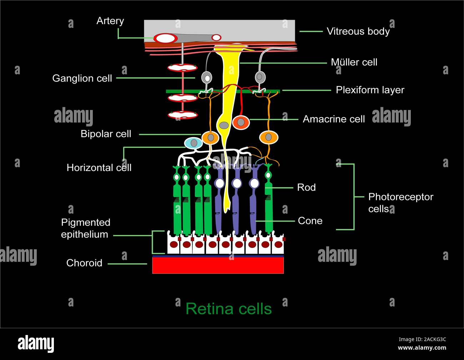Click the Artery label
coord(110,21)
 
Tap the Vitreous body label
coord(358,31)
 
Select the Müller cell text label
coord(354,62)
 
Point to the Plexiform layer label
coord(370,90)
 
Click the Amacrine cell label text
coord(334,119)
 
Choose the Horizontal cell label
coord(99,167)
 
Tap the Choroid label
coord(84,263)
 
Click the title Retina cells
coord(228,309)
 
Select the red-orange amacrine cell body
coord(241,122)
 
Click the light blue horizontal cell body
coord(193,143)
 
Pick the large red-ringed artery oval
coord(165,38)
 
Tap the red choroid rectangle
coord(218,265)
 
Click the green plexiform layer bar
coord(186,91)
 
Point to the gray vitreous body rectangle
coord(250,29)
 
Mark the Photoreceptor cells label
coord(400,202)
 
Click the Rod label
coord(306,187)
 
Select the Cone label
coord(310,221)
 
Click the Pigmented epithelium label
coord(86,228)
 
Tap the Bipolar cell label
coord(106,134)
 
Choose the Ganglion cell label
coord(82,78)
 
